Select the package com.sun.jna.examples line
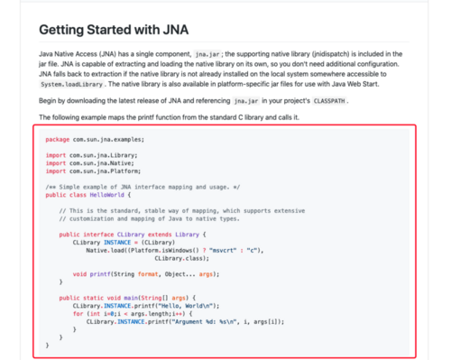click(x=95, y=140)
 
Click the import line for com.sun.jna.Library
click(x=96, y=155)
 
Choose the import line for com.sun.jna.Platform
click(x=97, y=170)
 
